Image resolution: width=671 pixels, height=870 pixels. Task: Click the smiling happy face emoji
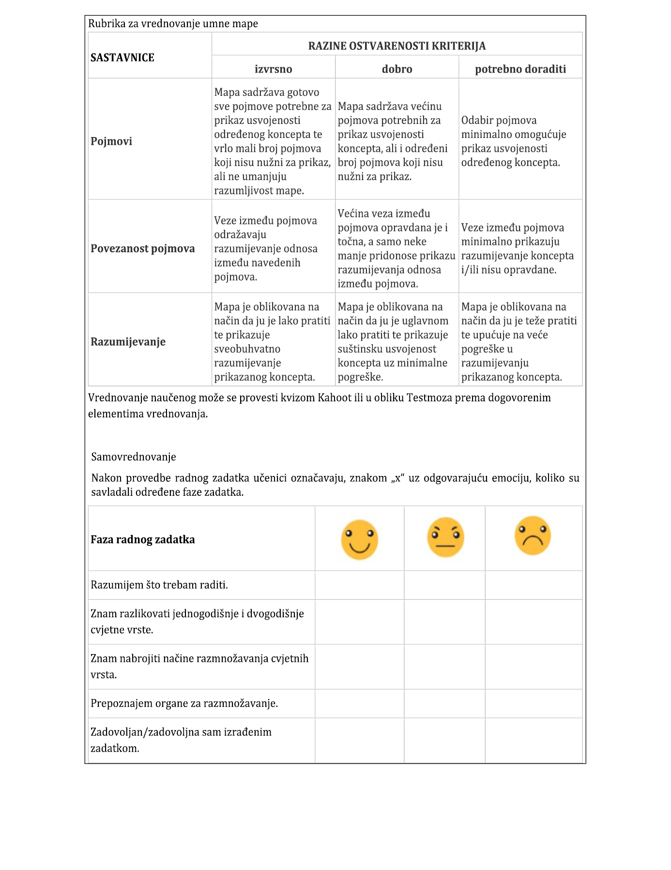[359, 539]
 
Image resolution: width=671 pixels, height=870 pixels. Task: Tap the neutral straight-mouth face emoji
[445, 537]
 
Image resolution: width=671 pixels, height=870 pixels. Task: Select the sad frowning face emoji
[533, 535]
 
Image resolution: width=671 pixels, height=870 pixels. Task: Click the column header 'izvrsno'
[273, 69]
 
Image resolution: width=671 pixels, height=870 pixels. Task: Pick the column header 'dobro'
[397, 69]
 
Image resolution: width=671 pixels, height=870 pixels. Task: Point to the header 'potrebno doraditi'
[520, 69]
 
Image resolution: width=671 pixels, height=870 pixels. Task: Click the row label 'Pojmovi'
[111, 141]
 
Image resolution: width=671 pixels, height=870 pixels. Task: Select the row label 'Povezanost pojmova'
[143, 249]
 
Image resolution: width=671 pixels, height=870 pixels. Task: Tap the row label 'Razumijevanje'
[128, 342]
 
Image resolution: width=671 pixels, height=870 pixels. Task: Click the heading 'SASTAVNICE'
[122, 58]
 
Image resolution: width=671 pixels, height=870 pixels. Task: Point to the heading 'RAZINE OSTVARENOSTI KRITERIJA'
[397, 46]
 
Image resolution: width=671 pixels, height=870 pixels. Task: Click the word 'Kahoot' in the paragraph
[335, 398]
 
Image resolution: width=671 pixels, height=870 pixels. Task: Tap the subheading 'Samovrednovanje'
[134, 457]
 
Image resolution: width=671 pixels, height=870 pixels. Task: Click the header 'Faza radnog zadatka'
[143, 540]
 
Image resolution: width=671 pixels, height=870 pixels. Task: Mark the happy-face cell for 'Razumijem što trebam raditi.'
[359, 585]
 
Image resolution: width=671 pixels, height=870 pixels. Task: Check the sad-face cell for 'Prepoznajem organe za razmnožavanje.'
[534, 703]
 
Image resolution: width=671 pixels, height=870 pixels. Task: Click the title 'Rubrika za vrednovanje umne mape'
[173, 24]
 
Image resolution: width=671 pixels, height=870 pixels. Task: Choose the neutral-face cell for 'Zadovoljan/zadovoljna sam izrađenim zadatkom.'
[444, 740]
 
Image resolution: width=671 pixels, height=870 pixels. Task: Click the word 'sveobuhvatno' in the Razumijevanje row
[247, 349]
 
